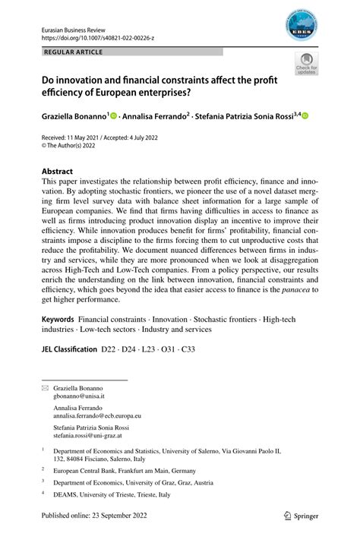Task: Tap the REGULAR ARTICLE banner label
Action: coord(74,52)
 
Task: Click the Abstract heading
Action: coord(57,172)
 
